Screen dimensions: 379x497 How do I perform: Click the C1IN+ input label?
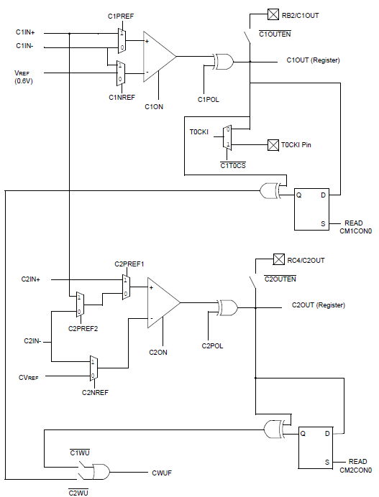point(25,32)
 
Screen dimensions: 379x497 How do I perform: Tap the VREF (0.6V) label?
point(24,77)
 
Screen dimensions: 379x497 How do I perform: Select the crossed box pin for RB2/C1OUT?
point(273,14)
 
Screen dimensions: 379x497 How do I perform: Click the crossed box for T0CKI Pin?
point(273,145)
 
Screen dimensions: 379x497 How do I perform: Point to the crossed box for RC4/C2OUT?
point(279,259)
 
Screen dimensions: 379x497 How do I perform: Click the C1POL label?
point(209,100)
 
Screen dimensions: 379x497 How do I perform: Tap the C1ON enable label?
point(154,107)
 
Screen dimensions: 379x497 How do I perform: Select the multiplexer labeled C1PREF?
point(122,41)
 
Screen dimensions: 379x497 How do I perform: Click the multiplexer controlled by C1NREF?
point(121,73)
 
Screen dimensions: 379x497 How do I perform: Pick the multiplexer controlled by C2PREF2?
point(80,305)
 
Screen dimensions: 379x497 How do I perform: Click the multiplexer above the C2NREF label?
point(93,368)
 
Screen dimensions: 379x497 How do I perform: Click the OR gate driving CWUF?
point(101,473)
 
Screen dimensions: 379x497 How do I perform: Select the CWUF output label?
point(162,473)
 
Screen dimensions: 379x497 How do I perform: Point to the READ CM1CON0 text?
point(355,227)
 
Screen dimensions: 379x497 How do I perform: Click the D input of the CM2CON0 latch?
point(327,434)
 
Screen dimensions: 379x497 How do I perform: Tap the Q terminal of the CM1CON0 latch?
point(298,195)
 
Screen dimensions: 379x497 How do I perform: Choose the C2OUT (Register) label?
point(319,305)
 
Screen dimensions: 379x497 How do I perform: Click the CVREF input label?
point(29,378)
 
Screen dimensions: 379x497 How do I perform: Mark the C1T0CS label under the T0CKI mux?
point(233,165)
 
